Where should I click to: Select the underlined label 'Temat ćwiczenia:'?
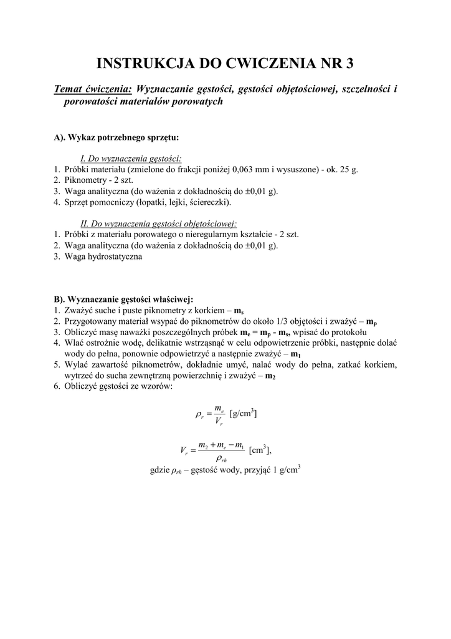click(x=93, y=89)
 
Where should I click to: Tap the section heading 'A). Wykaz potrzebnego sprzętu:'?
click(x=117, y=137)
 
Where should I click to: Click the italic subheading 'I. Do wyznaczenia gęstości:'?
click(x=135, y=159)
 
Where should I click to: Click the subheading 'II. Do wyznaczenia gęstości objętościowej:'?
click(x=159, y=224)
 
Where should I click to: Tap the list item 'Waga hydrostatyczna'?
click(x=103, y=256)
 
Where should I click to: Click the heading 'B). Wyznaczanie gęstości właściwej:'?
click(x=123, y=300)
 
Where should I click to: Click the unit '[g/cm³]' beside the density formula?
click(x=243, y=413)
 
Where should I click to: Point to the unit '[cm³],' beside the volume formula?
click(x=260, y=450)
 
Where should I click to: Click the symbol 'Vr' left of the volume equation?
click(x=184, y=451)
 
